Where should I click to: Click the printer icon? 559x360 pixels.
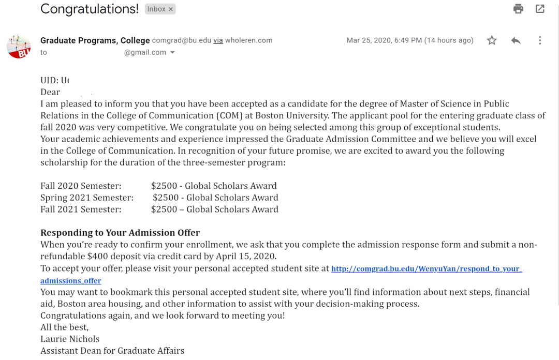[x=518, y=9]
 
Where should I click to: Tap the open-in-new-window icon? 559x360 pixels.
[x=540, y=9]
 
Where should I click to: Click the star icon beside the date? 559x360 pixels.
[x=492, y=40]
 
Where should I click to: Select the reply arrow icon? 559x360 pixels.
[x=516, y=40]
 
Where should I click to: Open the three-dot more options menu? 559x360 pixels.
[x=540, y=40]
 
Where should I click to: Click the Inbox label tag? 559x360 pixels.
[x=160, y=9]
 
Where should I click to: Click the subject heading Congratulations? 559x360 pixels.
[x=90, y=9]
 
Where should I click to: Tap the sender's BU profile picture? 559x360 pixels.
[x=19, y=47]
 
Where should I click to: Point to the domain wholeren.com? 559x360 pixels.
[x=248, y=40]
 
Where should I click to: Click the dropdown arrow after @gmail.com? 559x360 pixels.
[x=172, y=52]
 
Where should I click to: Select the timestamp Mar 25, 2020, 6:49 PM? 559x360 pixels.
[x=384, y=40]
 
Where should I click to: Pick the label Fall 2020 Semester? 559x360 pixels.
[x=81, y=186]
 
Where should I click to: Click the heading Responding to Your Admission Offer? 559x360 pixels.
[x=120, y=233]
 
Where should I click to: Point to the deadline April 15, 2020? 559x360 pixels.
[x=245, y=256]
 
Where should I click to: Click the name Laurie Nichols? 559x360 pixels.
[x=70, y=339]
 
